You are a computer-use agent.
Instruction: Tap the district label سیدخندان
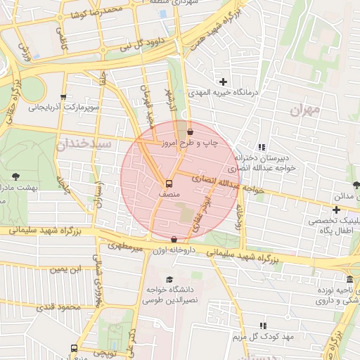click(x=83, y=143)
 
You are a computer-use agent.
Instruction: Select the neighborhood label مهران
click(x=304, y=110)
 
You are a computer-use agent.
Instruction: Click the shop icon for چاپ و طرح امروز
click(x=190, y=131)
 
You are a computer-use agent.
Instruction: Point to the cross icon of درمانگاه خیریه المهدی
click(x=224, y=83)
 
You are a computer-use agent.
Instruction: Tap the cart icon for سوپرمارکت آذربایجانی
click(x=64, y=98)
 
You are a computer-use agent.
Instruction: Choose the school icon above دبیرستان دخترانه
click(x=262, y=147)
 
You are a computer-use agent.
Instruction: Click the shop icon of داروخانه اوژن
click(x=174, y=240)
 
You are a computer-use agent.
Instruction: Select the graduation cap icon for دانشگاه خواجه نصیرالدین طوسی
click(x=169, y=279)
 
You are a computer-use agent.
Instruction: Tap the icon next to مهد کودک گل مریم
click(x=263, y=326)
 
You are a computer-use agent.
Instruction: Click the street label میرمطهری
click(x=125, y=247)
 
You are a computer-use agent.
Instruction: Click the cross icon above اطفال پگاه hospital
click(x=337, y=210)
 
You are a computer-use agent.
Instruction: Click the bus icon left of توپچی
click(x=74, y=348)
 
